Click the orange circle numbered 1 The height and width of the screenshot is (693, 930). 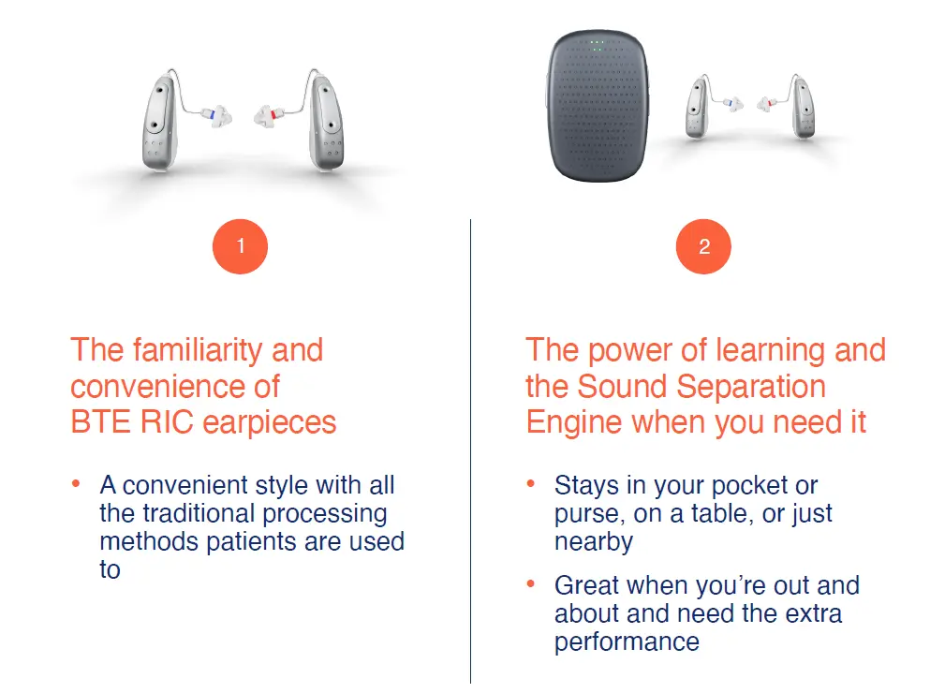[240, 246]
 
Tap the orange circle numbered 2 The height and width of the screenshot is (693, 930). [703, 246]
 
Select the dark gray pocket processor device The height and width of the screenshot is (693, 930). [598, 106]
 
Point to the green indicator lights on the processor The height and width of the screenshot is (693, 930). [598, 45]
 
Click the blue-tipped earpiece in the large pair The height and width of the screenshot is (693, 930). [216, 115]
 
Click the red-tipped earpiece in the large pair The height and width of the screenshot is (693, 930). [270, 115]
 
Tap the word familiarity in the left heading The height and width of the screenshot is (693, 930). [199, 350]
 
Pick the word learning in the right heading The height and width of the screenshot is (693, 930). [770, 351]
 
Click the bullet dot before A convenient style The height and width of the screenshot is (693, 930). [76, 484]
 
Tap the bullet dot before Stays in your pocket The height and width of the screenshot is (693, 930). [531, 484]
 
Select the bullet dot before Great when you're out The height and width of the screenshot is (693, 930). [531, 584]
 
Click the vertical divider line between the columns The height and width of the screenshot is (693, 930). [470, 451]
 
